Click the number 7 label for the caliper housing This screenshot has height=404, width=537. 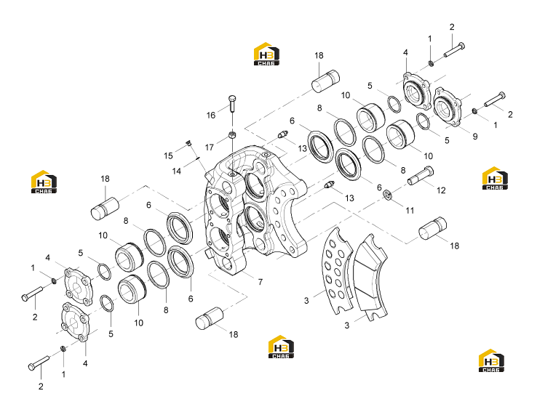(x=260, y=282)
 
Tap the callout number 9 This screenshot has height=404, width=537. (x=475, y=137)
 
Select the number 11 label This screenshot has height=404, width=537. (x=410, y=211)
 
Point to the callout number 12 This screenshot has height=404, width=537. (x=441, y=190)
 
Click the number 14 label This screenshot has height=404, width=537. (x=176, y=171)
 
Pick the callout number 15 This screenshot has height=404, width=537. (x=168, y=156)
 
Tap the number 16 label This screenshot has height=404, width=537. (x=211, y=116)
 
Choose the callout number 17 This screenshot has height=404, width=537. (x=210, y=148)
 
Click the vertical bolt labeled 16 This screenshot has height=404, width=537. (x=232, y=104)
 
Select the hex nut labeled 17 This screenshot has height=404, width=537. (x=232, y=134)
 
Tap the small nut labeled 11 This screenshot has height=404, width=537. (x=387, y=194)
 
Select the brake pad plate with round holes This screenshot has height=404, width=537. (x=337, y=270)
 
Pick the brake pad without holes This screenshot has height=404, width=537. (x=370, y=278)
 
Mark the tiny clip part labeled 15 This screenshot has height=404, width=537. (x=188, y=143)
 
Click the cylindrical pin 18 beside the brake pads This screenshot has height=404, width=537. (x=433, y=228)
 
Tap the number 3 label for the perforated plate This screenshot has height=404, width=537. (x=306, y=301)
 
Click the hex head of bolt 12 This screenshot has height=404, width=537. (x=429, y=171)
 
